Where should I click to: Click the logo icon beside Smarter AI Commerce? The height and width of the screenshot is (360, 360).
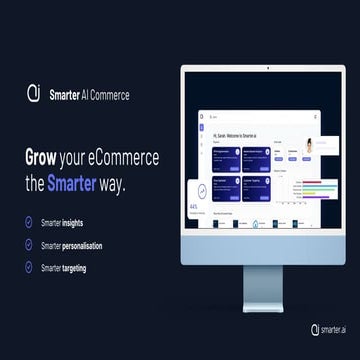coord(33,93)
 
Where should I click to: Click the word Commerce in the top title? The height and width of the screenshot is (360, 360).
coord(106,94)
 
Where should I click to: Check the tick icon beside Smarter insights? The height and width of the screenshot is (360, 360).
coord(30,221)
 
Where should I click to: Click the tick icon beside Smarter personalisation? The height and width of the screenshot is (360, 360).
coord(30,244)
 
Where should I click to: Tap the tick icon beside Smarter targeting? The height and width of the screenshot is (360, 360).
coord(30,267)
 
